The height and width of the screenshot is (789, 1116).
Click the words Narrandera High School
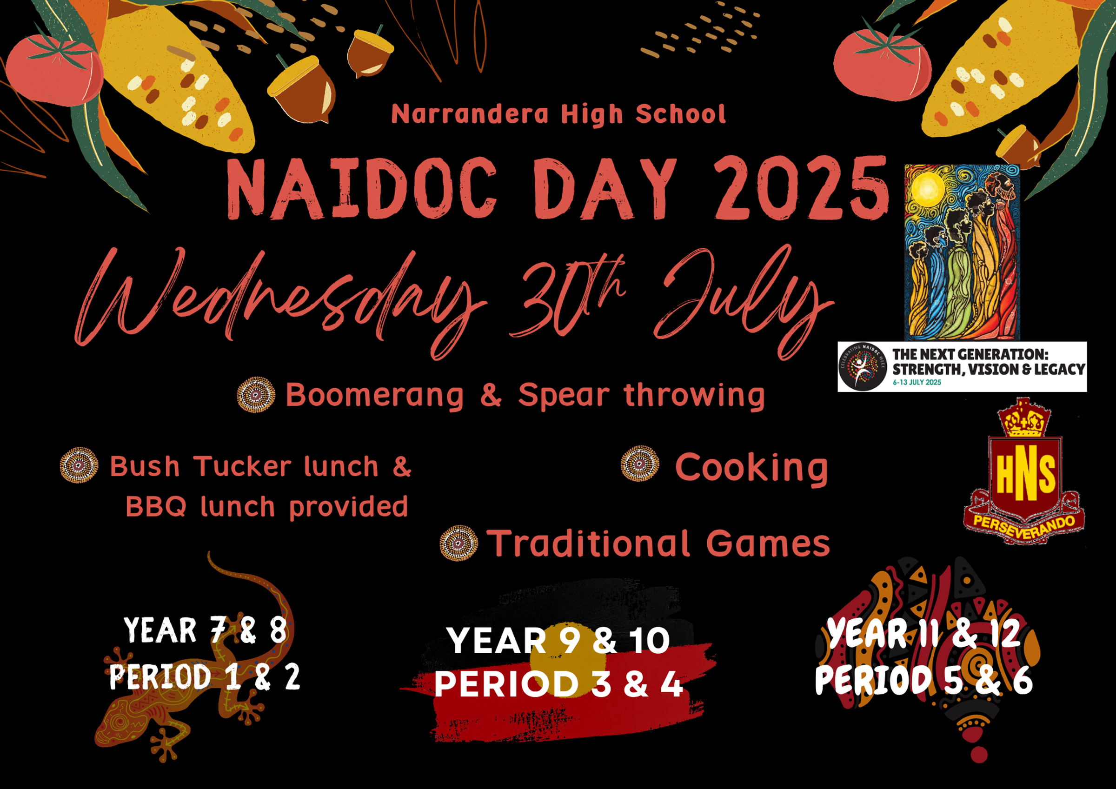[558, 114]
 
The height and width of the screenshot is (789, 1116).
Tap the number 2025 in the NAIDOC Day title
[802, 189]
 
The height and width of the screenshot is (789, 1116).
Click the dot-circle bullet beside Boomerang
[256, 394]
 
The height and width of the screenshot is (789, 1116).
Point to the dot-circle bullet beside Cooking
[640, 463]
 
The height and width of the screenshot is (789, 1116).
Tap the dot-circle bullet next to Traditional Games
[459, 543]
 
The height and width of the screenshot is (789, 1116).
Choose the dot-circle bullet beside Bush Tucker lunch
[79, 465]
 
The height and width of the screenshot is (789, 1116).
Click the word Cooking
[751, 467]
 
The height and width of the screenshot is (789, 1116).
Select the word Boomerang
[374, 395]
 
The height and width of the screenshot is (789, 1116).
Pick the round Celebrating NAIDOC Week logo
[863, 366]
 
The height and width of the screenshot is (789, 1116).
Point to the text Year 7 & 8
[206, 630]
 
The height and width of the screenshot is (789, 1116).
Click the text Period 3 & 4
[559, 684]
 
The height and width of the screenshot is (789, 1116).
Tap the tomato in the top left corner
[54, 68]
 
